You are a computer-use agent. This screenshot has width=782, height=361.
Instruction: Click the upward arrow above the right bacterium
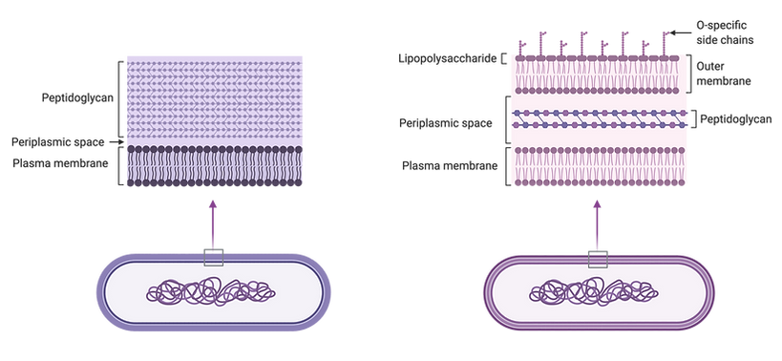click(599, 225)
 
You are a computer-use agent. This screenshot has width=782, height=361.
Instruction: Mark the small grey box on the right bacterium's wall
click(600, 255)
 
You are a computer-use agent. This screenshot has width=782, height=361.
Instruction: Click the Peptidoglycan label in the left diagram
click(73, 97)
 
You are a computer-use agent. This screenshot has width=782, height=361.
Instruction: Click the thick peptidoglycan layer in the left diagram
click(214, 96)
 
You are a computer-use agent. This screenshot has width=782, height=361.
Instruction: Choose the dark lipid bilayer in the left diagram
click(214, 167)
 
